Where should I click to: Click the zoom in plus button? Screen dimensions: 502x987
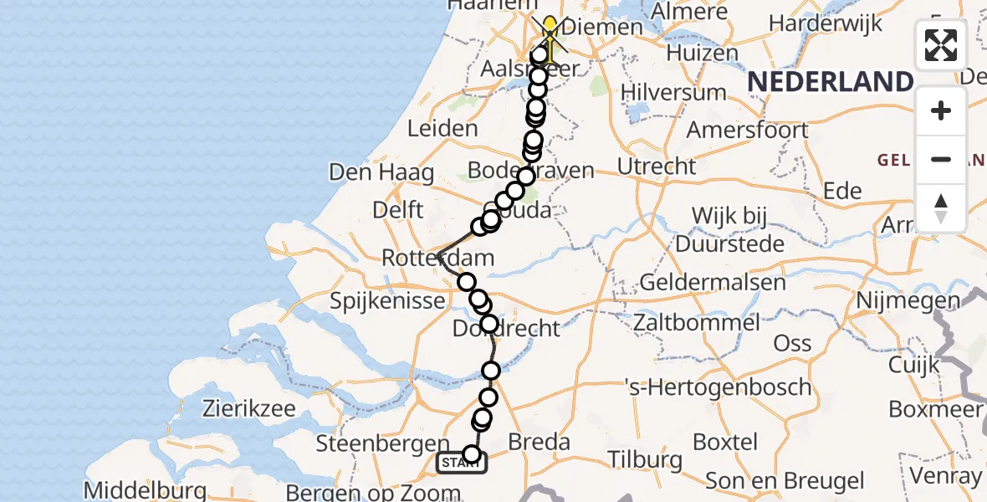941,110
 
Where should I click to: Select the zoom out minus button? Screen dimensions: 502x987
941,159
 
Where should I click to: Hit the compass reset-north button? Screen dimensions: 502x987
941,208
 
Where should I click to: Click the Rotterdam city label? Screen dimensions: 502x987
437,258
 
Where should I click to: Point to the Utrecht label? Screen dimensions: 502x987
657,166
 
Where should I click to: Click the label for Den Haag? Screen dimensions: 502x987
381,173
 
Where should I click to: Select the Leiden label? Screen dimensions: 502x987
442,129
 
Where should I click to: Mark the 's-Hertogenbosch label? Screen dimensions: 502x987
719,387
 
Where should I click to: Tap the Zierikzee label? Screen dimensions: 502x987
249,408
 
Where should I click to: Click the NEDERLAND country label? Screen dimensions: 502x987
829,82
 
